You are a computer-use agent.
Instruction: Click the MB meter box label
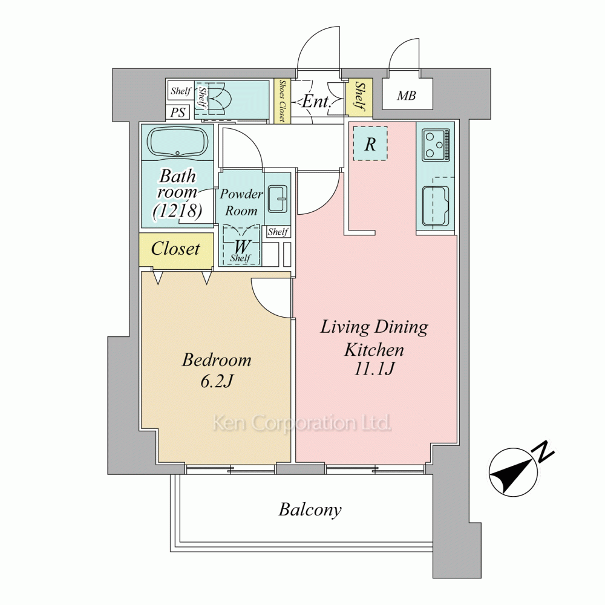(407, 96)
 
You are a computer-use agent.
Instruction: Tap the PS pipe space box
(178, 113)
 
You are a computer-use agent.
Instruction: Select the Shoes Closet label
(282, 101)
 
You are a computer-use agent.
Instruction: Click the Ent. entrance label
(316, 101)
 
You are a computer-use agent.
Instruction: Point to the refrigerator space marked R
(370, 143)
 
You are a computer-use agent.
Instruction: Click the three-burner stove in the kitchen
(436, 145)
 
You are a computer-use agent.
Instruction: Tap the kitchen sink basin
(436, 206)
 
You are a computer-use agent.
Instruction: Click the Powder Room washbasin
(278, 199)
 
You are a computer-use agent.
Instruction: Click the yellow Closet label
(175, 249)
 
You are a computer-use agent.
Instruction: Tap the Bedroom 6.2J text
(217, 370)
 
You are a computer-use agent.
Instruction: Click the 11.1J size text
(374, 368)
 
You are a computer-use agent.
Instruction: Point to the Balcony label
(310, 509)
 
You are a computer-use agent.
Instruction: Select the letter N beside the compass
(544, 451)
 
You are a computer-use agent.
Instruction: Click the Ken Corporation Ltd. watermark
(302, 423)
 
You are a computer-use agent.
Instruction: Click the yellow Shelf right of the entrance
(359, 97)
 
